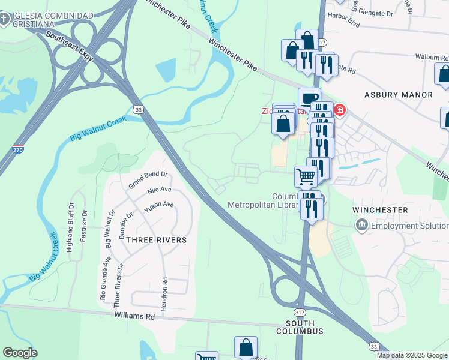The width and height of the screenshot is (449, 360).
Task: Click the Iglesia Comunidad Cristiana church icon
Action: [x=5, y=20]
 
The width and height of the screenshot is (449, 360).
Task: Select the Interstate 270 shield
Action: [x=19, y=149]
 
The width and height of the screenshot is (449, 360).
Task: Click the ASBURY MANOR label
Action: [x=399, y=95]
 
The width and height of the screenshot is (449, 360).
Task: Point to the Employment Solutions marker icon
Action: [x=362, y=226]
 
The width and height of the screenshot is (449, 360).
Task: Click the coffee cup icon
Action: [x=309, y=98]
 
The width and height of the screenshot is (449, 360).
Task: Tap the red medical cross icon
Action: [x=339, y=110]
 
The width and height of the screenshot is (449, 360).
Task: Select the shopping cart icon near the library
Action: [x=306, y=176]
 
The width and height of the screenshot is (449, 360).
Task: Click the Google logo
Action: [x=20, y=353]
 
